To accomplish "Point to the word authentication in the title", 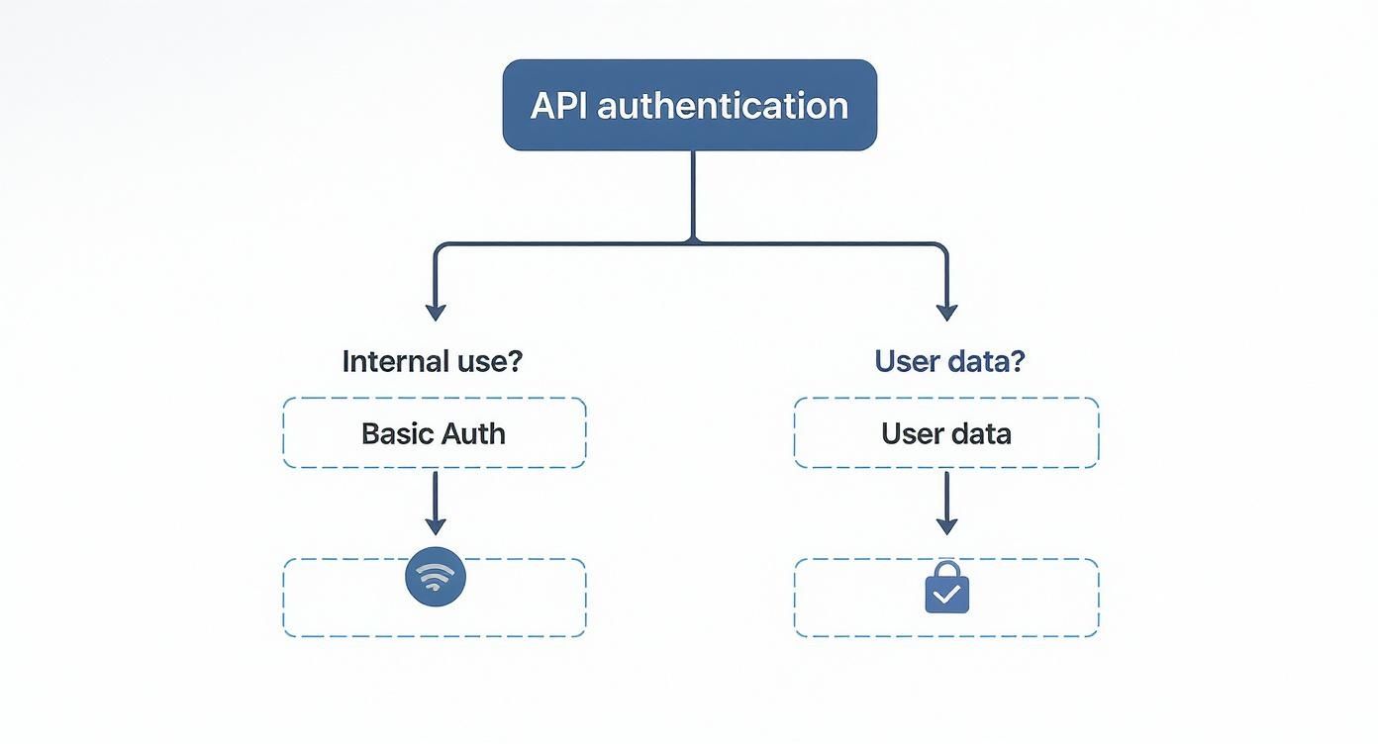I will [722, 106].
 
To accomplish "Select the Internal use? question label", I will [432, 361].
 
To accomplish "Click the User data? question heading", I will [949, 361].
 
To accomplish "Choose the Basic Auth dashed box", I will [435, 433].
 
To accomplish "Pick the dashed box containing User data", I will [946, 433].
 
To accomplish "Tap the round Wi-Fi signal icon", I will [436, 578].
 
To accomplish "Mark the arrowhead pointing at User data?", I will [947, 312].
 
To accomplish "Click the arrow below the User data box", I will [947, 505].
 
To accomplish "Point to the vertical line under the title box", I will [692, 195].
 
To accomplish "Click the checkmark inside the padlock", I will [947, 595].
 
